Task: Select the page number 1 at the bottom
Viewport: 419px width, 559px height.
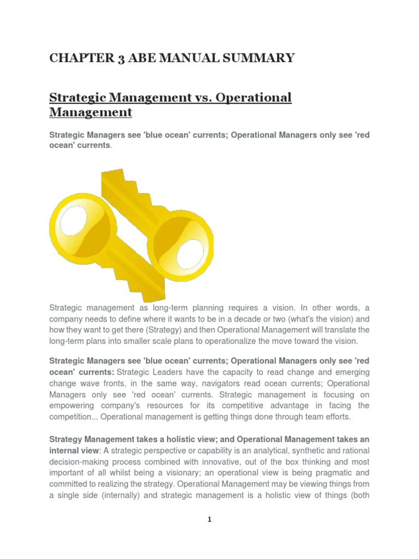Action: [x=209, y=520]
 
